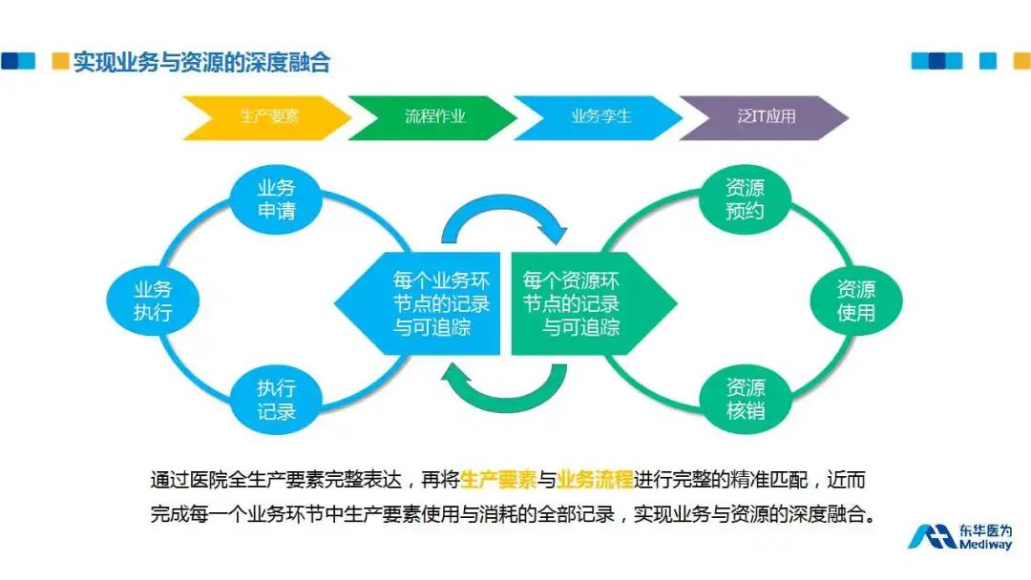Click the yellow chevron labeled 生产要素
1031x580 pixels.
coord(268,117)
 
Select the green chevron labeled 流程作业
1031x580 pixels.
coord(434,117)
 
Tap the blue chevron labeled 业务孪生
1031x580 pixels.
coord(600,117)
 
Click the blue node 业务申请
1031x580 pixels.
coord(276,199)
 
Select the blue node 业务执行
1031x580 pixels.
coord(152,300)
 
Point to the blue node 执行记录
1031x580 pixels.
coord(276,401)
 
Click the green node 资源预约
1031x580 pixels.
coord(745,199)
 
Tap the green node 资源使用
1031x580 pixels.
coord(855,300)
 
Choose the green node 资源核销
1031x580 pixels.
coord(745,401)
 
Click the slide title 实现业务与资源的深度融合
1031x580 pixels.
coord(201,63)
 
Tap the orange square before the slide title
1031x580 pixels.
coord(60,62)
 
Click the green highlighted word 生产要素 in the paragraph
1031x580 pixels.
coord(498,479)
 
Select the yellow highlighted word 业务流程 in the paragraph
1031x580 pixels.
coord(595,479)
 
